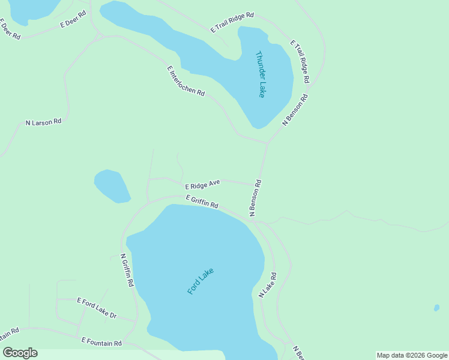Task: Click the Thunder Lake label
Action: (261, 74)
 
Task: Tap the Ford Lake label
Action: (200, 280)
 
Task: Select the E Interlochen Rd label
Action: (186, 81)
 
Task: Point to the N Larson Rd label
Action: (43, 122)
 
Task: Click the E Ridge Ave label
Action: (203, 184)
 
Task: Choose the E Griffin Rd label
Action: (202, 202)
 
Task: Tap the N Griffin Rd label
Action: (127, 271)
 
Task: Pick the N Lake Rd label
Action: (267, 285)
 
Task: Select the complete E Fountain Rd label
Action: (101, 342)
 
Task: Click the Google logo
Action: (20, 353)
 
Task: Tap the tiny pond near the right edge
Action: (436, 308)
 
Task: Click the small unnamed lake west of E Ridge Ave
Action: (112, 186)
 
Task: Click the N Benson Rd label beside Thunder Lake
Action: (295, 109)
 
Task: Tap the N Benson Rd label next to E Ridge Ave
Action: (256, 197)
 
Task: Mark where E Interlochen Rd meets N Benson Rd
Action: (267, 143)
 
